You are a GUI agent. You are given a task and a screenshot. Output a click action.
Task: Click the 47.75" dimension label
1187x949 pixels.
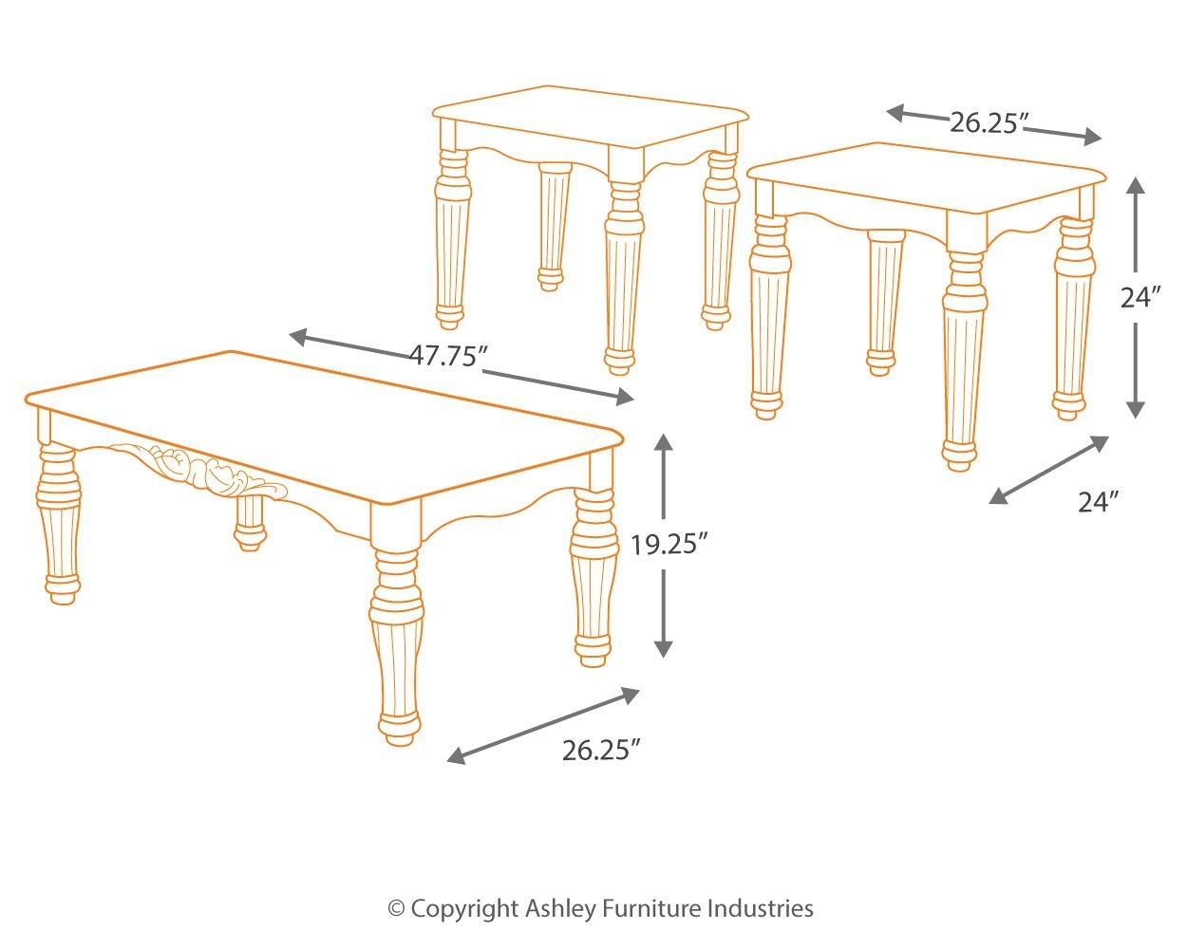(x=450, y=356)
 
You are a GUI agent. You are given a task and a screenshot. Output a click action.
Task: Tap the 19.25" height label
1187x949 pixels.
(x=669, y=546)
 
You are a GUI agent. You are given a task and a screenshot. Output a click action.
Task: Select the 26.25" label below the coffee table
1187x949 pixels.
(x=602, y=751)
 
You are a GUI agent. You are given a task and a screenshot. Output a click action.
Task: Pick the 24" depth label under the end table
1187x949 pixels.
(x=1099, y=502)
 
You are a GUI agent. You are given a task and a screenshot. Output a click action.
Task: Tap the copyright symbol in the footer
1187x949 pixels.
(x=397, y=909)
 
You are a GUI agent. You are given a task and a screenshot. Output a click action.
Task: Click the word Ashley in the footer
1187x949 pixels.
(x=560, y=909)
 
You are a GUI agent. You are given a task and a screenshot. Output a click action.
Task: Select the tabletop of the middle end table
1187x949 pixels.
(x=591, y=117)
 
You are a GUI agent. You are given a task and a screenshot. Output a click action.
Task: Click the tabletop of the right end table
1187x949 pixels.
(x=926, y=177)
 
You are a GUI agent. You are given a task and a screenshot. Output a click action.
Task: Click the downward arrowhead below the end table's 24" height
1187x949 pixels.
(x=1135, y=409)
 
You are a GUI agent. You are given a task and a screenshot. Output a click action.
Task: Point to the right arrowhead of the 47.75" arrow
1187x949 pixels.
(x=626, y=397)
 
